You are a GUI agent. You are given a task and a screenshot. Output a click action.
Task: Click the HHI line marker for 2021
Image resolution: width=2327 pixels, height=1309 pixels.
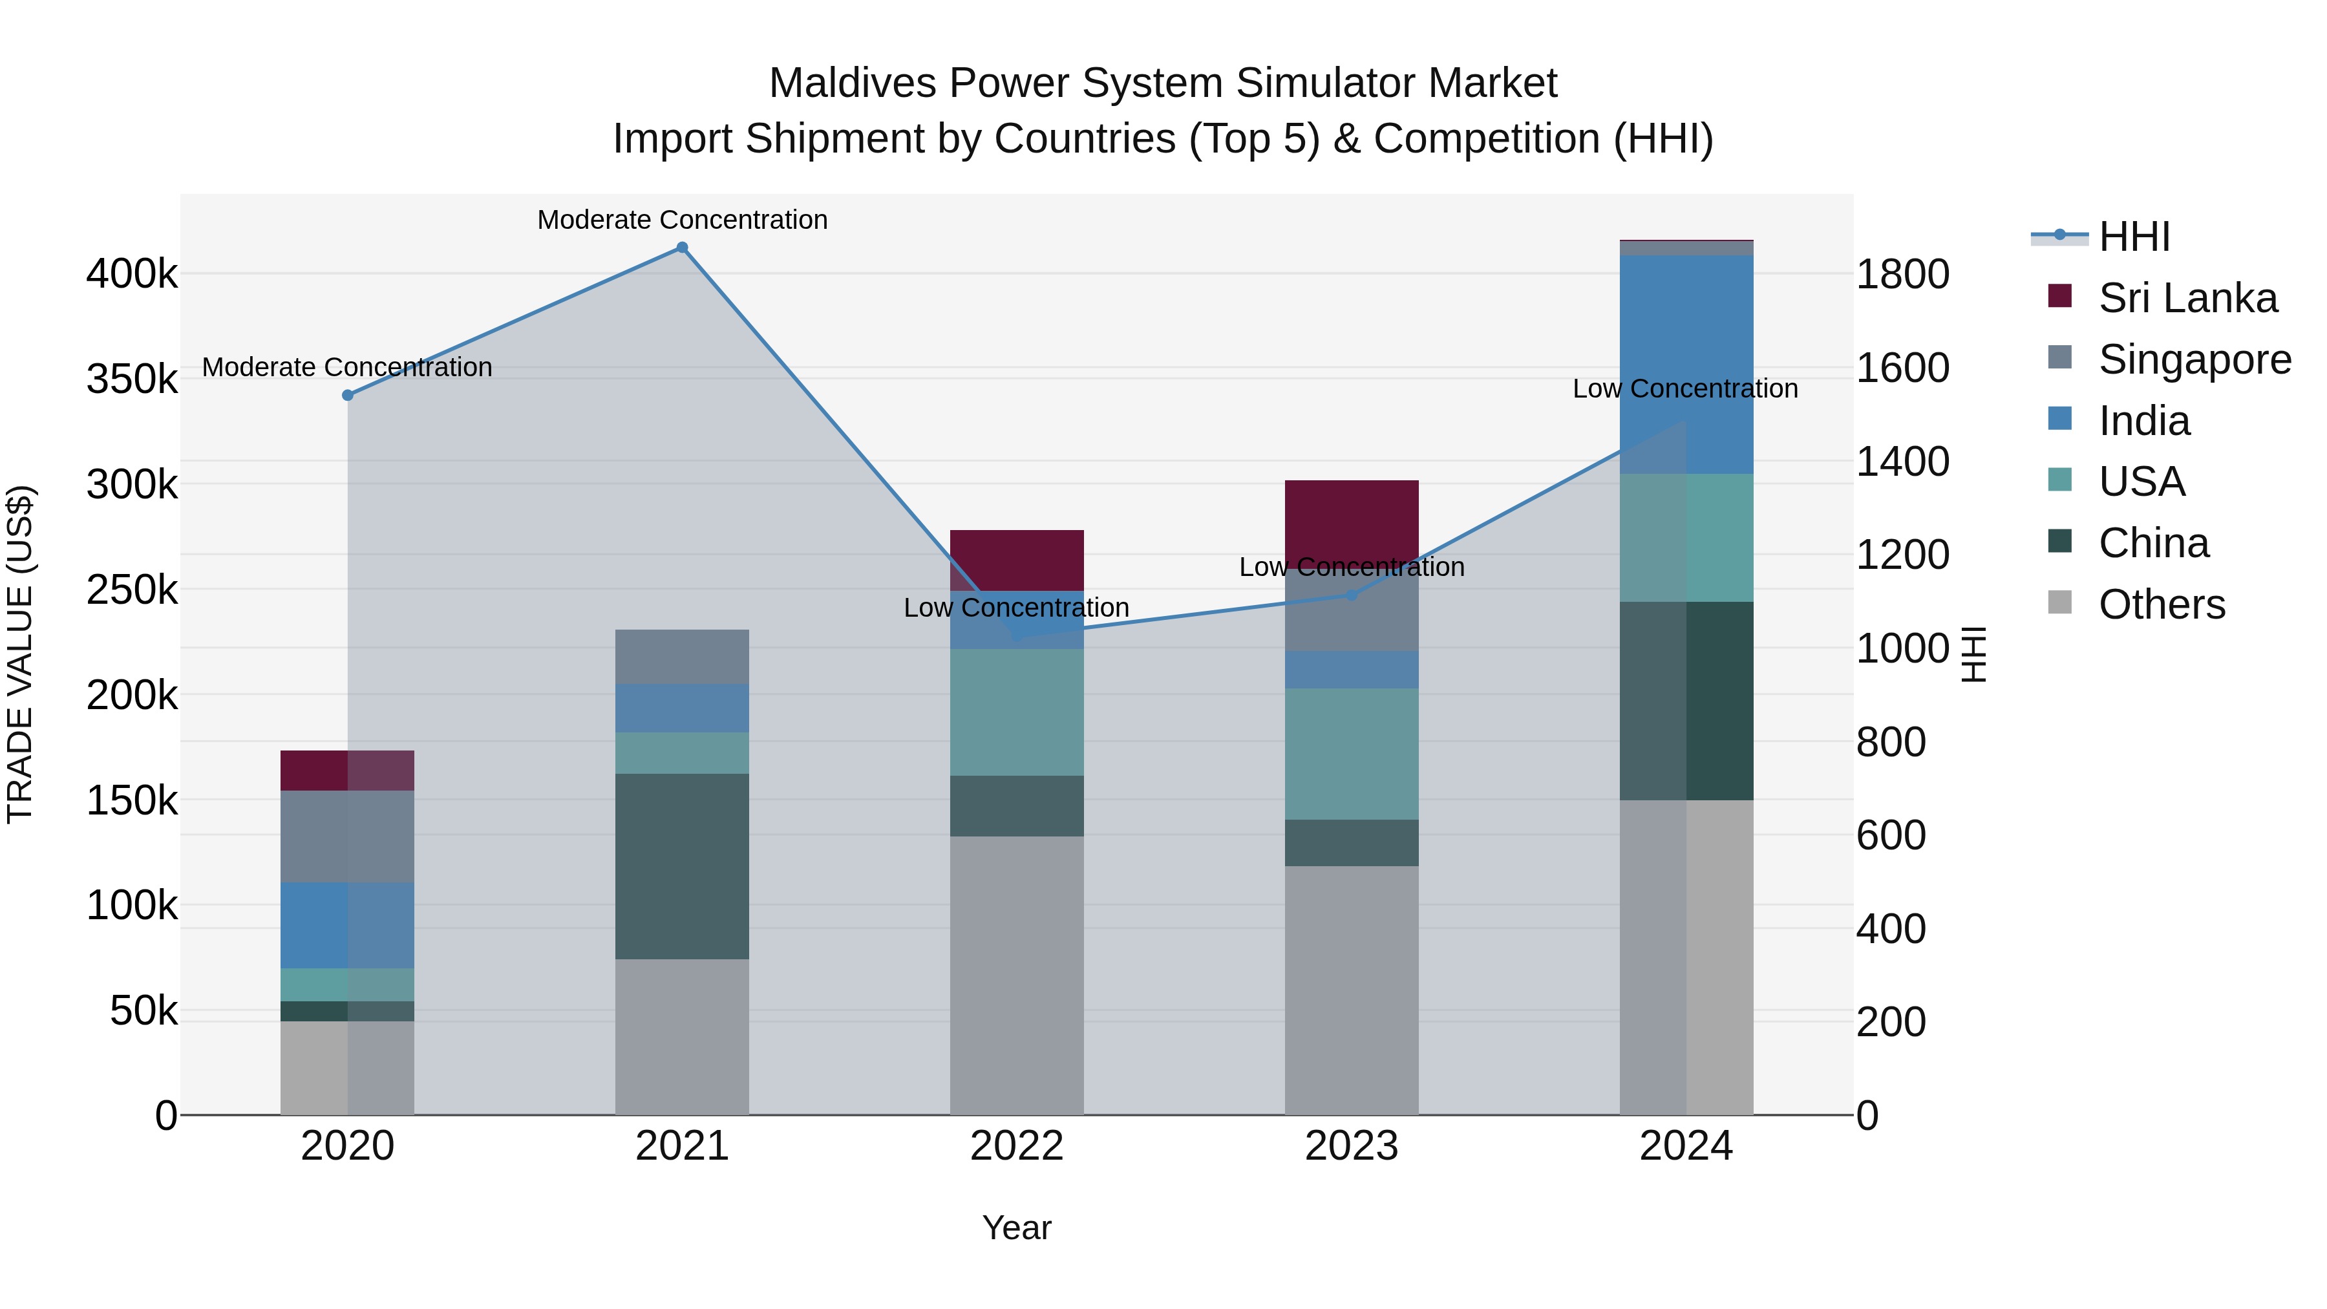[682, 248]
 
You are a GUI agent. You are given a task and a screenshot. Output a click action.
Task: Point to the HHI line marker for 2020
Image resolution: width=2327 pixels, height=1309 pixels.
[348, 395]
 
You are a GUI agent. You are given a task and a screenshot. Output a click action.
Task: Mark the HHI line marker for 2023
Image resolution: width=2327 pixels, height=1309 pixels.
[1352, 595]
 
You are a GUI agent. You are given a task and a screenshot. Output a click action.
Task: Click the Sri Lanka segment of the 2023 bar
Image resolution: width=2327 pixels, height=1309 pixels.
[1352, 520]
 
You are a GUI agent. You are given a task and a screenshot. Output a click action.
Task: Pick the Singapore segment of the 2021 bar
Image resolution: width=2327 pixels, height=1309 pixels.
[682, 657]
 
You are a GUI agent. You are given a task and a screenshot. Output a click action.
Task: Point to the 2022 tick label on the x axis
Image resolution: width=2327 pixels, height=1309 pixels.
[1017, 1146]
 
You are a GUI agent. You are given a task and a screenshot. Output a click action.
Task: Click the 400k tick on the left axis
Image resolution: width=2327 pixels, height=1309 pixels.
[132, 273]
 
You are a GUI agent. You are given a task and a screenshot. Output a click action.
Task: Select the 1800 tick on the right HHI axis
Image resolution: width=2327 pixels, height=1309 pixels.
[1902, 275]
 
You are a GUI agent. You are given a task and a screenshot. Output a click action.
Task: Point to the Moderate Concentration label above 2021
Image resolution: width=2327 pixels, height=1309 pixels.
[682, 220]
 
